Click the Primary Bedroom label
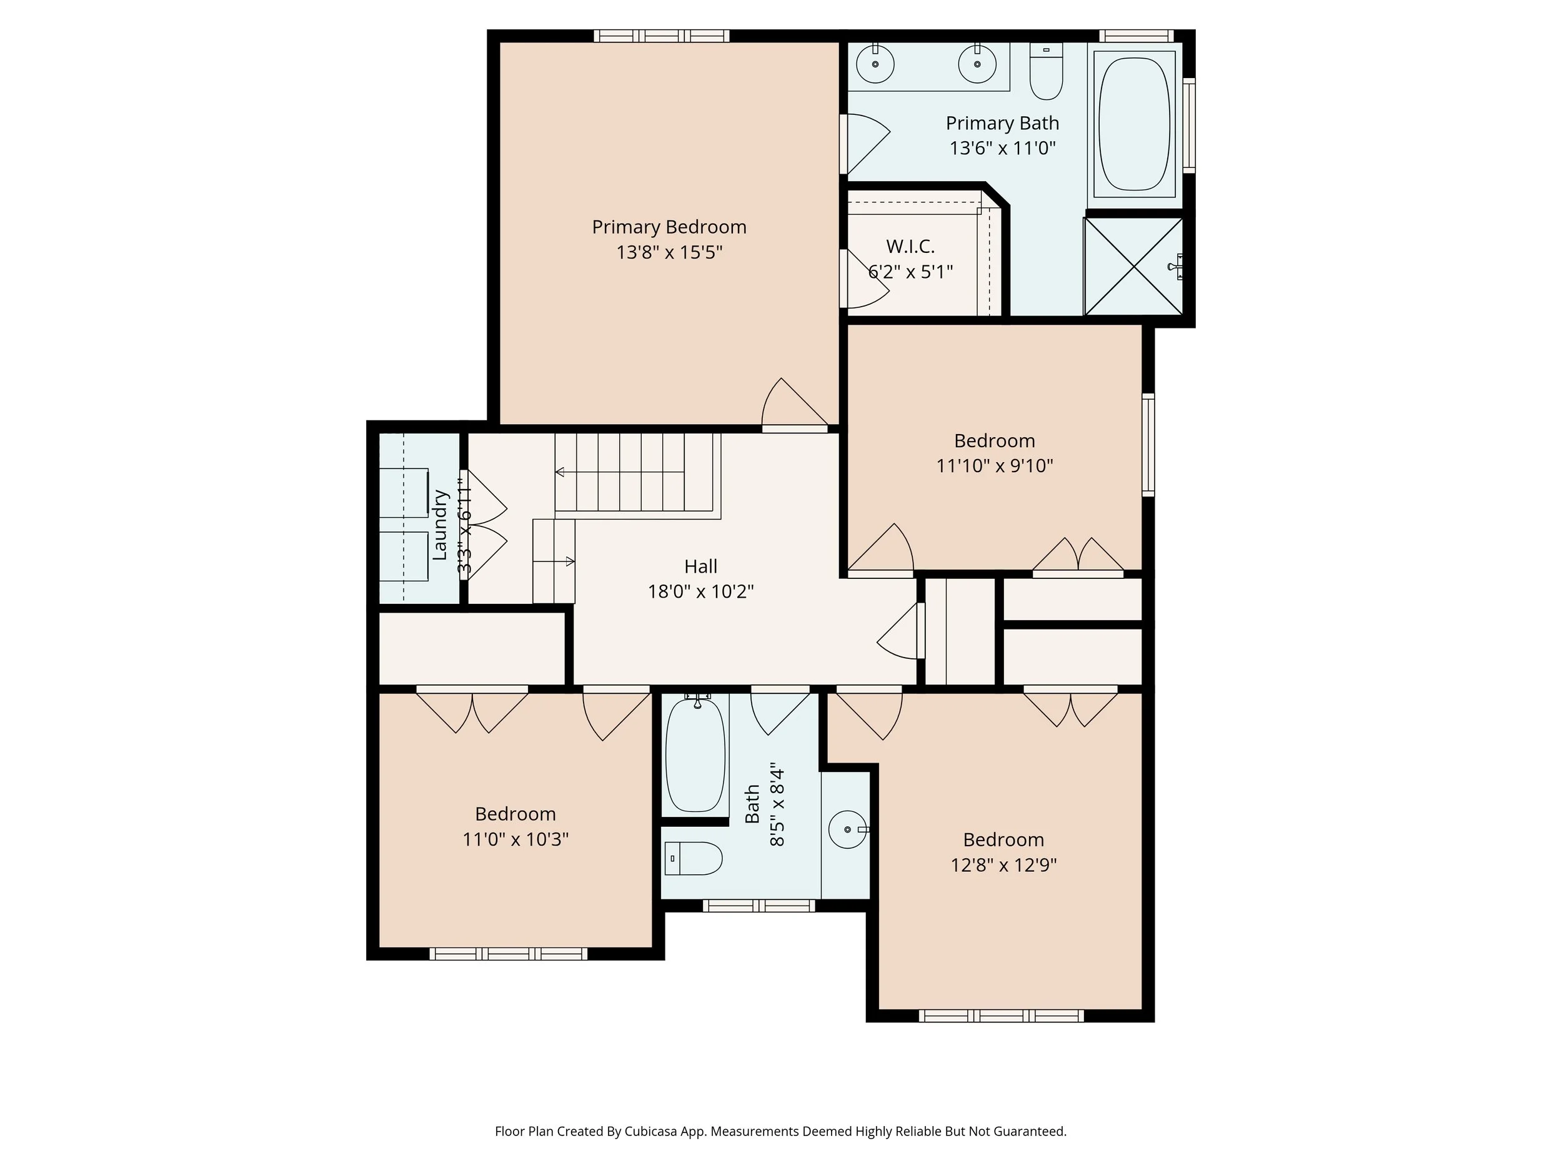click(x=669, y=227)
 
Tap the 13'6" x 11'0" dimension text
click(x=1002, y=148)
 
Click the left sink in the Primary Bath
click(x=875, y=64)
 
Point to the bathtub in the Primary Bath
click(x=1134, y=124)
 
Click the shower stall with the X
click(x=1133, y=266)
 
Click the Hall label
click(x=700, y=566)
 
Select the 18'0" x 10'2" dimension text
click(x=700, y=591)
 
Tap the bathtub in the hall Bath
click(x=695, y=754)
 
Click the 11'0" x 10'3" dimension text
click(x=515, y=839)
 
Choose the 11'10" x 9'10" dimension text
click(x=994, y=466)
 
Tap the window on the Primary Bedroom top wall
click(x=661, y=36)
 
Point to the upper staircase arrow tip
click(x=559, y=472)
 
